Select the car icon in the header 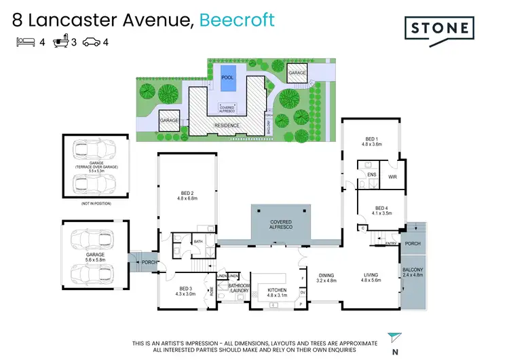91,42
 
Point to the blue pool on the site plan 227,77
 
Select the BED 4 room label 383,209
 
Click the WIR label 392,177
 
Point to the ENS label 372,175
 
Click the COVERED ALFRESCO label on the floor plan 281,225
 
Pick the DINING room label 326,275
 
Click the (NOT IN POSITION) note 95,204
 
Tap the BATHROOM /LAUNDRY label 239,289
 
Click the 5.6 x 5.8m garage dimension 95,259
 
